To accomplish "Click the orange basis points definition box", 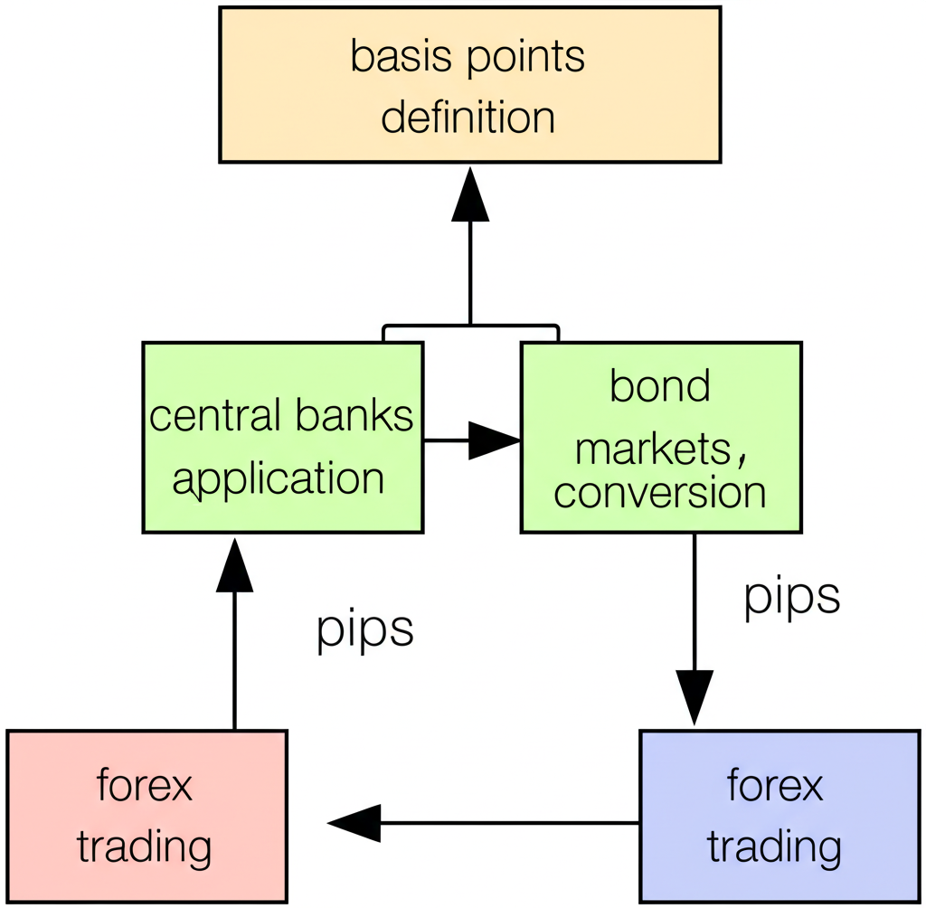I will (469, 85).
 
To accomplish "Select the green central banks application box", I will (282, 437).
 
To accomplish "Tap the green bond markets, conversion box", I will (660, 437).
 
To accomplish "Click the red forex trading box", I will (146, 816).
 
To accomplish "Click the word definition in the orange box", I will (468, 118).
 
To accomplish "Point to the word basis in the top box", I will (391, 56).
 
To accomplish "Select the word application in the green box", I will (279, 477).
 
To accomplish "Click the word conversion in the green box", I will (660, 492).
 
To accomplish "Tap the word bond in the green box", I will (659, 386).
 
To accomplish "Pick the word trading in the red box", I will (144, 847).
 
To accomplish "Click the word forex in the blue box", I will (775, 785).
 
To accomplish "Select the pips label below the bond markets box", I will (792, 596).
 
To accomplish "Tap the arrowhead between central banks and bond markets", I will (494, 440).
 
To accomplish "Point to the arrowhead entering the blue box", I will (694, 696).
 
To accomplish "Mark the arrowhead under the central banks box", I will (234, 565).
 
